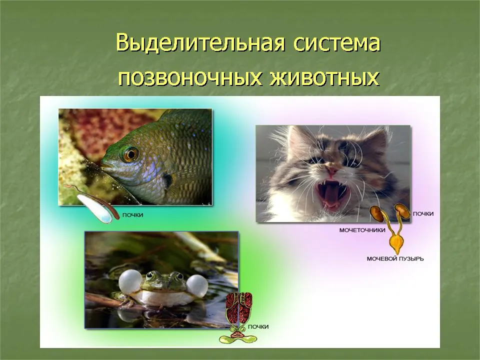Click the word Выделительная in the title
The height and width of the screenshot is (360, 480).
pos(200,43)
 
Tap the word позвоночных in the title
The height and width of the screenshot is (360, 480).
pos(190,78)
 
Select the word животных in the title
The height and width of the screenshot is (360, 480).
pos(325,78)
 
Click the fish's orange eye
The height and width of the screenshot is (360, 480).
pos(130,154)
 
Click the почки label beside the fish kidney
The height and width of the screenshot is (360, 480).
pos(133,215)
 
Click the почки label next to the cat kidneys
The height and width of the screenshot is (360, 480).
pos(423,213)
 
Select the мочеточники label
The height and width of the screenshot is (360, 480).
pos(362,230)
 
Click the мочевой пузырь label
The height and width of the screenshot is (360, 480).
pos(395,258)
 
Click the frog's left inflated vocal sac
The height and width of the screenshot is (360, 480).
pos(130,281)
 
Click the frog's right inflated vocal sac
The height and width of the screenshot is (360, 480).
pos(197,286)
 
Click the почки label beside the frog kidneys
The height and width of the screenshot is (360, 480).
pos(258,326)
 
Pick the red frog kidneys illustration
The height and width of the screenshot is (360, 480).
pos(239,307)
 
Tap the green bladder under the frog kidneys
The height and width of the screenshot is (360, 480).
pos(238,338)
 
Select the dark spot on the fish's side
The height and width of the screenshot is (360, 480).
pos(167,180)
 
